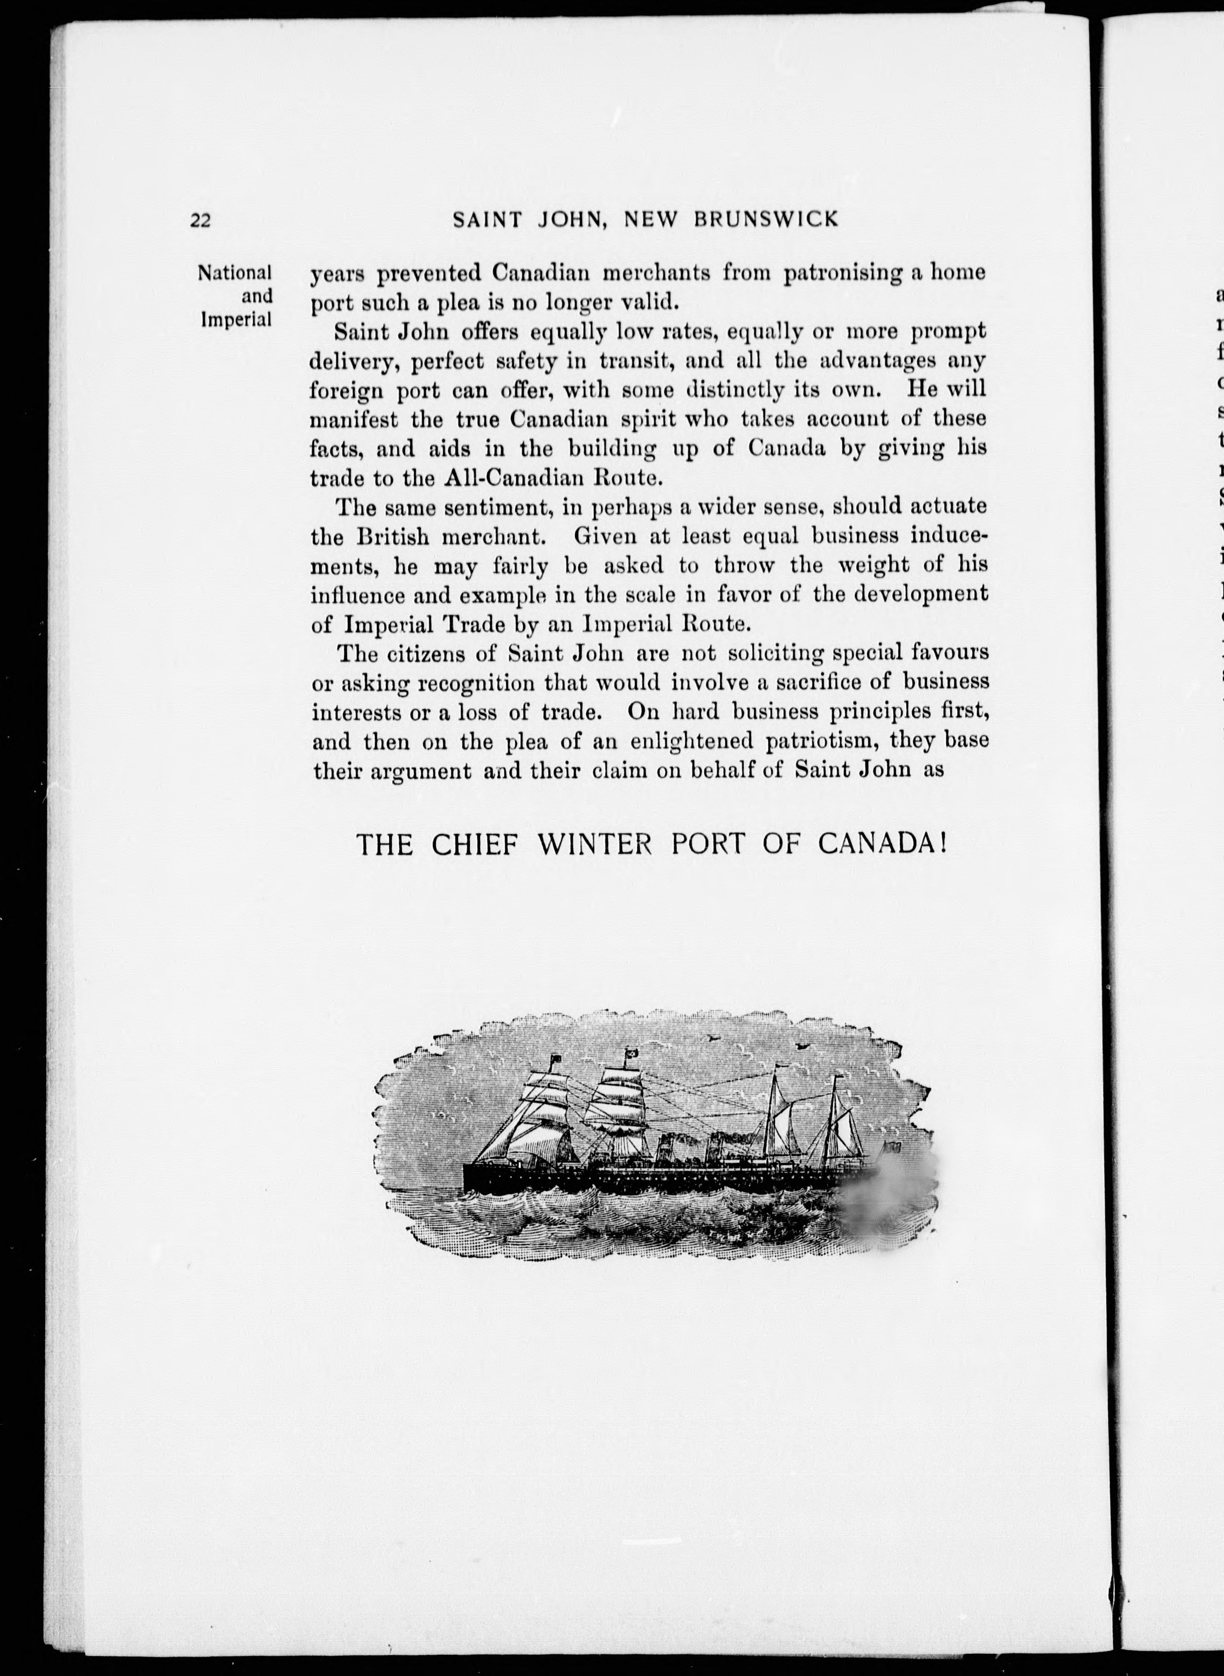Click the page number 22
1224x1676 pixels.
click(x=201, y=220)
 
